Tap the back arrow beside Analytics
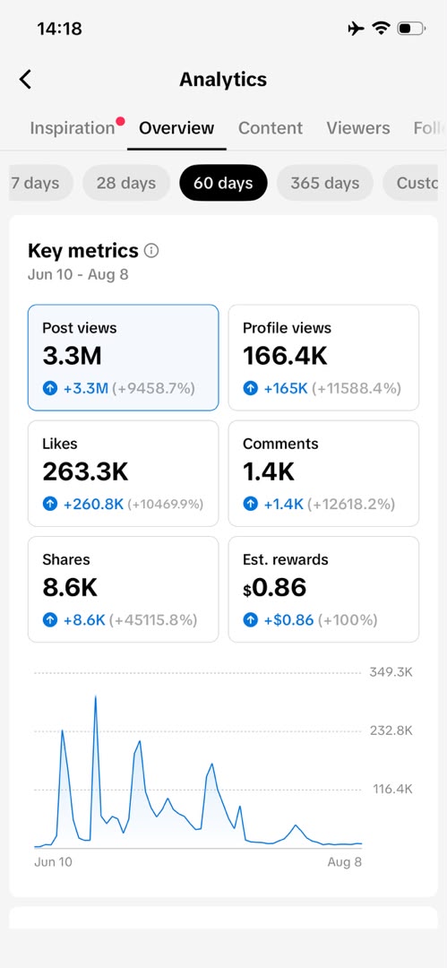[25, 79]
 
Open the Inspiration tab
[73, 128]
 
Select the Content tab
[271, 128]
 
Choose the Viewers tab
[358, 128]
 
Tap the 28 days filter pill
[126, 183]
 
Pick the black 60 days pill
[224, 183]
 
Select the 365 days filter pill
[325, 183]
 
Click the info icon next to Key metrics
[151, 251]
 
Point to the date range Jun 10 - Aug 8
[78, 275]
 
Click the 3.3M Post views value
[73, 356]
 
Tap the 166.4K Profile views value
[285, 356]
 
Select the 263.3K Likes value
[85, 471]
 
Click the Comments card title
[280, 444]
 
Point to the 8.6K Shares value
[70, 588]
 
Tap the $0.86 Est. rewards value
[275, 588]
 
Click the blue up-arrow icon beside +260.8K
[49, 505]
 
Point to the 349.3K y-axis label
[391, 672]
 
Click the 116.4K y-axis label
[392, 789]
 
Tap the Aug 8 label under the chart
[345, 862]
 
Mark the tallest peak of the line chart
[96, 696]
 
